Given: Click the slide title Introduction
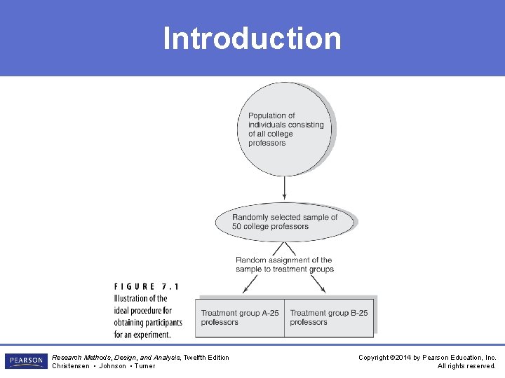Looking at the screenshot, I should tap(252, 38).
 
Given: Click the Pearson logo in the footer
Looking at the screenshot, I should tap(26, 361).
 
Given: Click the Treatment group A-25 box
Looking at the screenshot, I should tap(241, 317).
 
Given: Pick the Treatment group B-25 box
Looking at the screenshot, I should tap(329, 317).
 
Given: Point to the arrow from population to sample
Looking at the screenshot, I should tap(285, 188).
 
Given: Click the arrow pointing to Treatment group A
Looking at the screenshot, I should tap(250, 283).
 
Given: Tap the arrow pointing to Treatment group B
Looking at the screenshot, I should tap(320, 283).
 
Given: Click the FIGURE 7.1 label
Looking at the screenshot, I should tap(146, 286).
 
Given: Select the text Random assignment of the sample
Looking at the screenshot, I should tap(284, 265).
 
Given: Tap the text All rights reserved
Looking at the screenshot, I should tap(466, 365).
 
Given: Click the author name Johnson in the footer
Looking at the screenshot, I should tap(112, 365).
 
